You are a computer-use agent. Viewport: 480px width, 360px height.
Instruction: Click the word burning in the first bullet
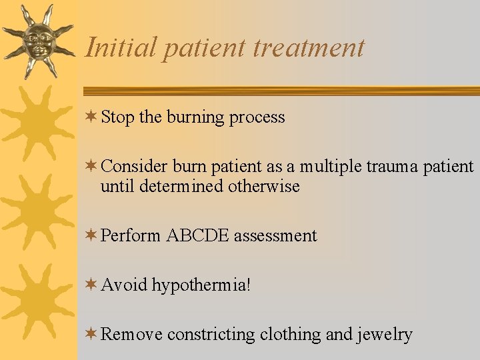pyautogui.click(x=195, y=117)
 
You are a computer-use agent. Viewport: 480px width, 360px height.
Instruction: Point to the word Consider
pyautogui.click(x=134, y=166)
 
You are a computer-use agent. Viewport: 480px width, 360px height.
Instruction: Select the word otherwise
pyautogui.click(x=264, y=186)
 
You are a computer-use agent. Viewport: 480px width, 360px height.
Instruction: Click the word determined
pyautogui.click(x=181, y=186)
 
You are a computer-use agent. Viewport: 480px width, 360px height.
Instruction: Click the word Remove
pyautogui.click(x=131, y=334)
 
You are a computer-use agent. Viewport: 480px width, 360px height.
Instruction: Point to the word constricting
pyautogui.click(x=211, y=335)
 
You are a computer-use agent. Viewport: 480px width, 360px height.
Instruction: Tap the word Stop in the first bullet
pyautogui.click(x=117, y=117)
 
